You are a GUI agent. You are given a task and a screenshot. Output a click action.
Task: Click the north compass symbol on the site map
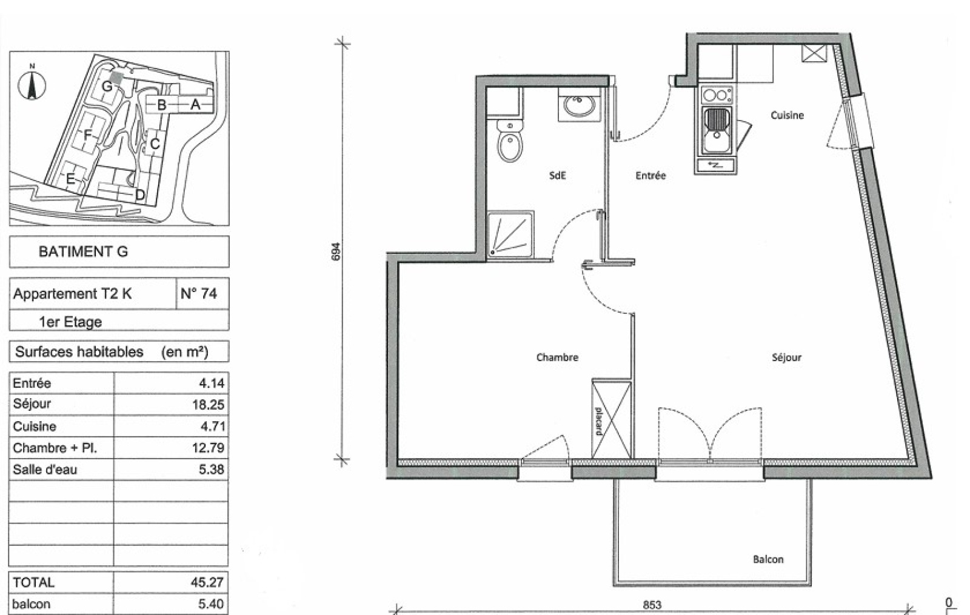coord(32,85)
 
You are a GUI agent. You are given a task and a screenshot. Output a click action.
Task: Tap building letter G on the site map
coord(107,86)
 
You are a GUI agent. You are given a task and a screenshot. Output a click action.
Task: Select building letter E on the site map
coord(70,179)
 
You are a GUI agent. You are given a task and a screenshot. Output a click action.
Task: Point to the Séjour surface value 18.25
coord(209,405)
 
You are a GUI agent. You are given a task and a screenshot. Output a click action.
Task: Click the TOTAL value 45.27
coord(207,582)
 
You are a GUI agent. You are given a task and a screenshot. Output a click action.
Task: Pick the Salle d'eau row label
coord(45,470)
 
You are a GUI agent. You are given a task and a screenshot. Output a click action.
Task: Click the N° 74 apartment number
coord(199,293)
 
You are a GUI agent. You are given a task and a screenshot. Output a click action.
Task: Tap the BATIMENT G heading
coord(83,251)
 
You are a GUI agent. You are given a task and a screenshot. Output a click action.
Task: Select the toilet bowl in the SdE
coord(510,141)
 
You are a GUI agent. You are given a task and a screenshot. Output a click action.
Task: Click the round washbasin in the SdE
coord(579,105)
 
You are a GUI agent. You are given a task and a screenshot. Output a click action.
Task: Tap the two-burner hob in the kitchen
coord(717,95)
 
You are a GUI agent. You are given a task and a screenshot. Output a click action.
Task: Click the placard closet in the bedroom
coord(611,419)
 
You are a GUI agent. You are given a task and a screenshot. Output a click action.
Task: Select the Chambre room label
coord(557,357)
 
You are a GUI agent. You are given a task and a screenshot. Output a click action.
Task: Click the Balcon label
coord(768,559)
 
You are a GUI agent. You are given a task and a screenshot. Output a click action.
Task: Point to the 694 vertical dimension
coord(336,251)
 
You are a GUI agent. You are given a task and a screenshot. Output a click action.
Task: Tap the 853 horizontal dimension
coord(652,605)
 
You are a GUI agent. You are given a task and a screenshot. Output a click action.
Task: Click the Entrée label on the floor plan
coord(651,175)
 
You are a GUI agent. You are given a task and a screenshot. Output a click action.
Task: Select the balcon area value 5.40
coord(211,603)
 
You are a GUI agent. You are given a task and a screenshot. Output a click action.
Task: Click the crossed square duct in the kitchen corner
coord(814,53)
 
